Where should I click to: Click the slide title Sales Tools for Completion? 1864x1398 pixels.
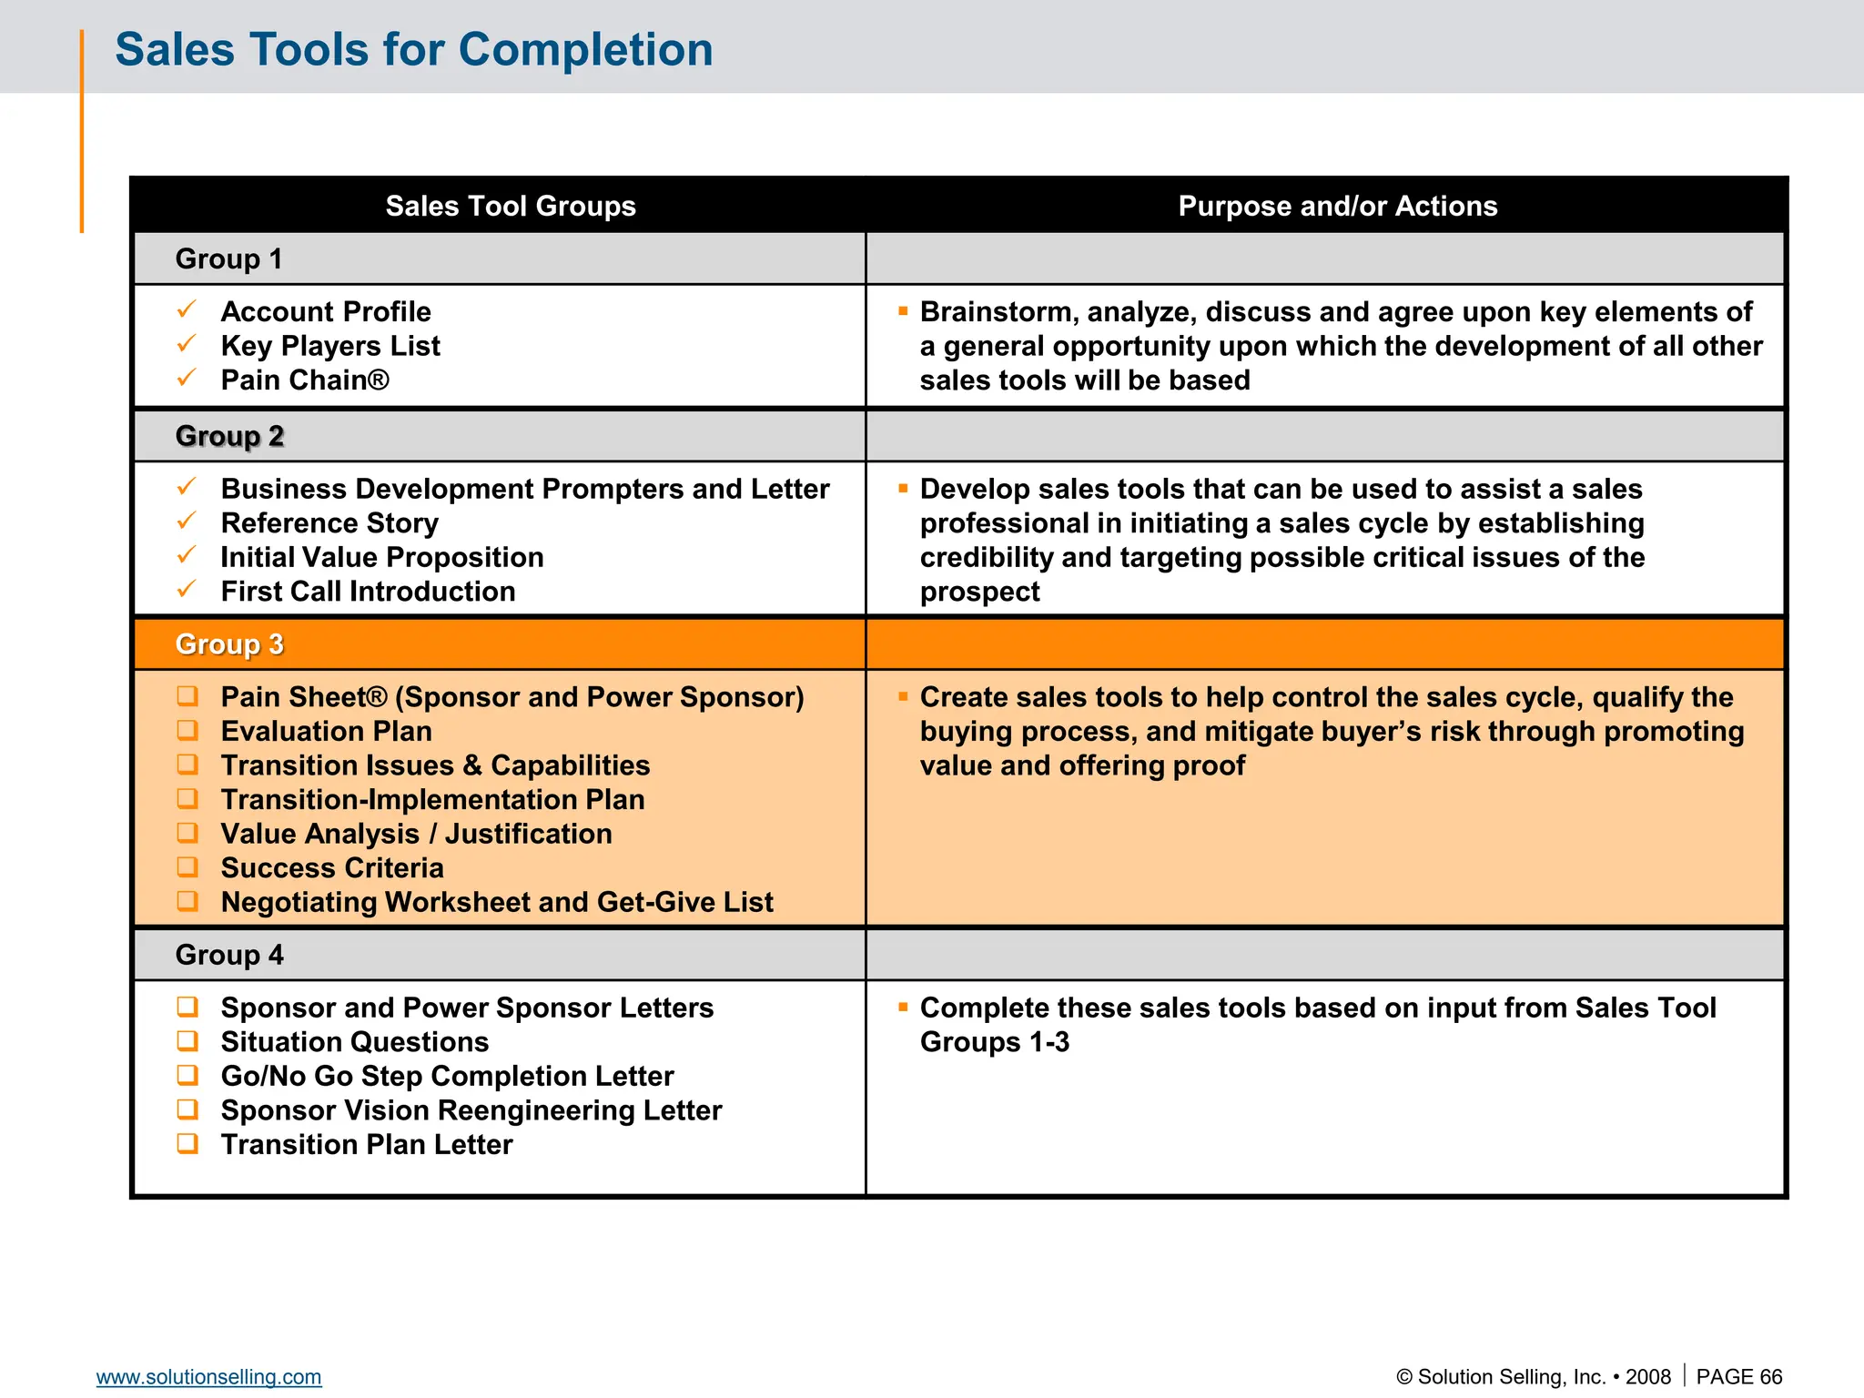click(413, 49)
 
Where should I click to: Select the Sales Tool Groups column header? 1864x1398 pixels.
click(510, 206)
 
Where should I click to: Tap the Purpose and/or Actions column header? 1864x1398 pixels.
click(1337, 206)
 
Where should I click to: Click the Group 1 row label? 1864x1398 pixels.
click(228, 259)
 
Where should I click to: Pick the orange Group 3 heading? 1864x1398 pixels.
click(229, 644)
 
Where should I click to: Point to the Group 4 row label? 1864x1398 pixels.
click(229, 955)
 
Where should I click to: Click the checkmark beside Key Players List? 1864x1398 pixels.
click(187, 344)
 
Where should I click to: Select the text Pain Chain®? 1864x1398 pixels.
click(305, 380)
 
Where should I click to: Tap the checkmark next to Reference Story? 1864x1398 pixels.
click(187, 521)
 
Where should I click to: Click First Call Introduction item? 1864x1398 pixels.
click(368, 592)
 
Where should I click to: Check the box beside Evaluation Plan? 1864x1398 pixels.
click(187, 730)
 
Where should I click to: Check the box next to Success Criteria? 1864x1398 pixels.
click(187, 866)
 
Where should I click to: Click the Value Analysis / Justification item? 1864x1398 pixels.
click(416, 834)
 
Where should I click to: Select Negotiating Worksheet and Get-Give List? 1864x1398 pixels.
click(497, 902)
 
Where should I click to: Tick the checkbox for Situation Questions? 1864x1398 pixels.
click(187, 1040)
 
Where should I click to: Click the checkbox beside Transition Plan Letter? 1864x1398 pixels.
click(187, 1143)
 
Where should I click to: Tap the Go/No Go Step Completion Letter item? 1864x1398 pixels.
click(447, 1076)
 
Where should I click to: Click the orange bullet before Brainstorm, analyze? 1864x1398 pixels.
click(903, 311)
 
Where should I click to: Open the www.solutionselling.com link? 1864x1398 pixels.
click(208, 1377)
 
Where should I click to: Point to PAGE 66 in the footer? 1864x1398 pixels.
click(1738, 1377)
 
